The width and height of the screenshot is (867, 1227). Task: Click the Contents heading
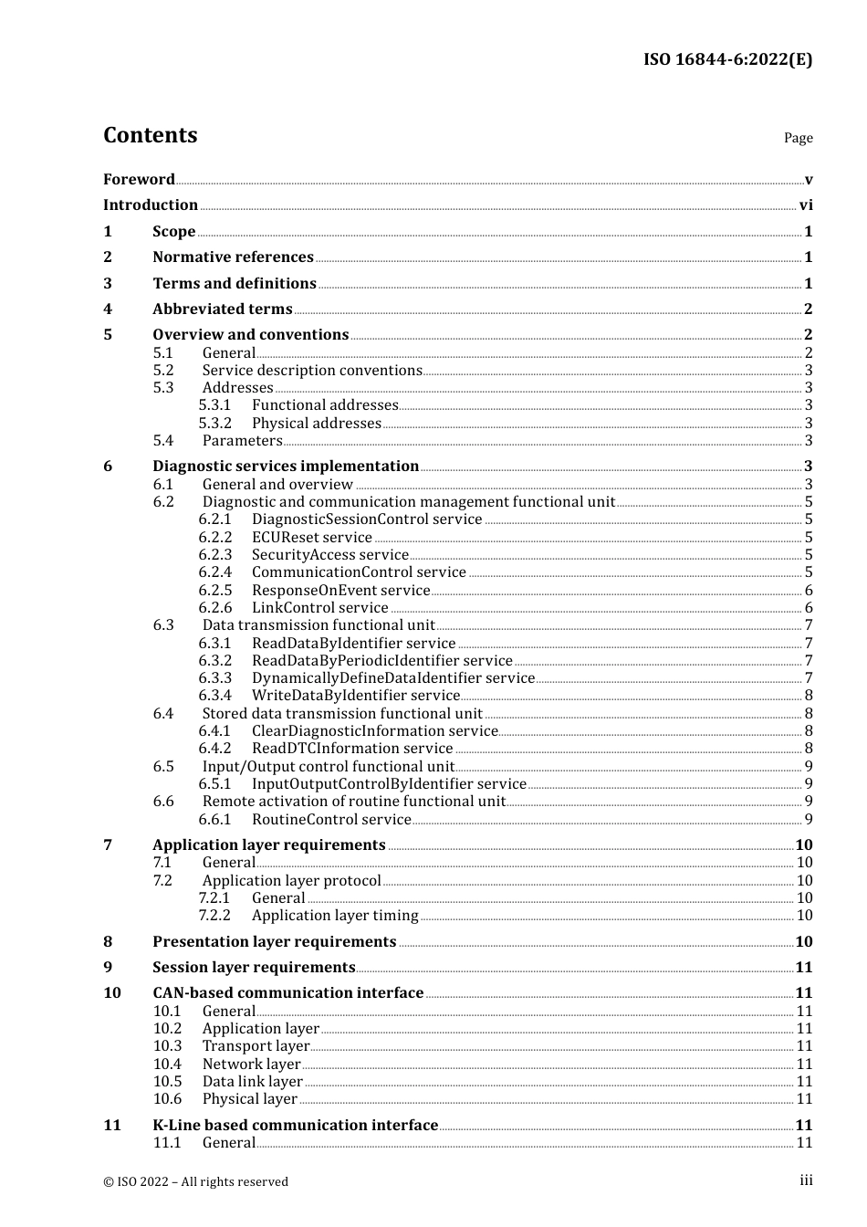coord(150,135)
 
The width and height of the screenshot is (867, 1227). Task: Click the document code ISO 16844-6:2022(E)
coord(727,59)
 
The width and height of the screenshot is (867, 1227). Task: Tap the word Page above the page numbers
coord(798,138)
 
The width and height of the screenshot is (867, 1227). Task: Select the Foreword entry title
coord(139,179)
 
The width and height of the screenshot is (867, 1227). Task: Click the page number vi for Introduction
coord(806,205)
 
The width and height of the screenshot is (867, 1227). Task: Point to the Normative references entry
coord(233,257)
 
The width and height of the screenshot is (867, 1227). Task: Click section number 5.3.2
coord(215,424)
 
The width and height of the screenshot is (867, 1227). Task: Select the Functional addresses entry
coord(325,405)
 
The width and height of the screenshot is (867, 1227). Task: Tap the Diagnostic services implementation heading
coord(286,467)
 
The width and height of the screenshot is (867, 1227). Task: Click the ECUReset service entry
coord(312,538)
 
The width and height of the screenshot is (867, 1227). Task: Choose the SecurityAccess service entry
coord(330,555)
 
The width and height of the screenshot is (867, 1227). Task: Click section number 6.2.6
coord(215,608)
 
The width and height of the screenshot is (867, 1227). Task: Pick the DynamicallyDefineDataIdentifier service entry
coord(393,678)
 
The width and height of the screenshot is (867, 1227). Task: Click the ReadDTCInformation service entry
coord(352,749)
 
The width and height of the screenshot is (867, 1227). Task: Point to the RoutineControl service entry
coord(331,820)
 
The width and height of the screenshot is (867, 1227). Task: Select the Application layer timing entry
coord(335,916)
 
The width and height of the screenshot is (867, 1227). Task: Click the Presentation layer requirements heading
coord(275,942)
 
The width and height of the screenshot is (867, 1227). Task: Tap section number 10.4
coord(167,1064)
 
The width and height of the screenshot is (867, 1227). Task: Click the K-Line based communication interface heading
coord(296,1126)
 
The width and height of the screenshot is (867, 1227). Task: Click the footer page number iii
coord(806,1180)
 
